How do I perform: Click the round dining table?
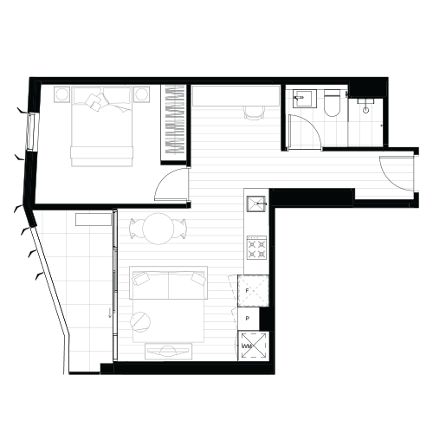coord(158,229)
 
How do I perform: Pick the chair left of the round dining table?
coord(135,229)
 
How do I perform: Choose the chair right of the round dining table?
coord(182,229)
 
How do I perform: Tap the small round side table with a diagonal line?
coord(140,321)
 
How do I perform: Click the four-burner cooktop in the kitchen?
coord(255,249)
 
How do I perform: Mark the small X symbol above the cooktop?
coord(256,204)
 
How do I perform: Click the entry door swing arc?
coord(390,178)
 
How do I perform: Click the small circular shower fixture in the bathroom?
coord(366,109)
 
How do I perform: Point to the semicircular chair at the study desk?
coord(254,112)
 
